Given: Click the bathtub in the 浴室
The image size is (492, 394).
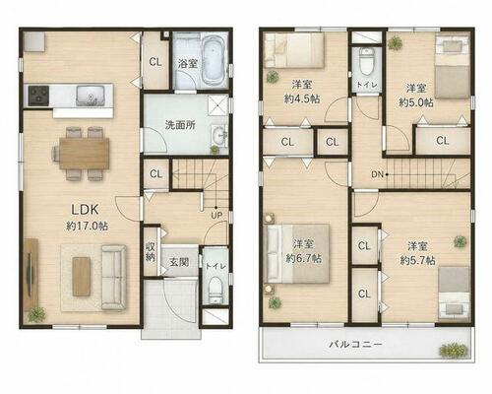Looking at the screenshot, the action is (x=214, y=60).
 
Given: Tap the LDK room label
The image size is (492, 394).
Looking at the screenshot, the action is (x=85, y=210).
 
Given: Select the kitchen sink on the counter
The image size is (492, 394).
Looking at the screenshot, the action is (x=91, y=96).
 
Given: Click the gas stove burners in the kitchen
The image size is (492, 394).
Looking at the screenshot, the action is (x=38, y=96).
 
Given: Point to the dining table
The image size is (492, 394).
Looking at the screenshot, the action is (x=85, y=154).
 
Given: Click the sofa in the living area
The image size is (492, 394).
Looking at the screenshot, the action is (x=113, y=278).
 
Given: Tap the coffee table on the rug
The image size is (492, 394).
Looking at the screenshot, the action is (x=82, y=277).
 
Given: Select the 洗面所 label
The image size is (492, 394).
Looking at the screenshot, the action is (x=180, y=125).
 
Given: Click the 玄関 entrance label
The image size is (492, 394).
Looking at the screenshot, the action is (x=179, y=262).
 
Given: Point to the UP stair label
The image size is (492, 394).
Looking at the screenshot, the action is (x=216, y=216).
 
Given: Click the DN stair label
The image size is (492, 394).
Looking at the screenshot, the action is (x=378, y=174).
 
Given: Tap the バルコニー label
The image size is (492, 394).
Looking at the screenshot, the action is (x=355, y=345).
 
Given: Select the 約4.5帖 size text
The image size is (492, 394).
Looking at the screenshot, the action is (x=302, y=98).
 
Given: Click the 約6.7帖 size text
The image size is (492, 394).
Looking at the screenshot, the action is (x=303, y=259).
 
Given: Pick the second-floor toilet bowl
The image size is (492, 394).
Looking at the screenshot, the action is (x=366, y=62).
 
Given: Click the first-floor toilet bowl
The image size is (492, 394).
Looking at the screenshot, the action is (x=215, y=290).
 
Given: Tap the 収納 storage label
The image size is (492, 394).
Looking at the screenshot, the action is (x=151, y=252).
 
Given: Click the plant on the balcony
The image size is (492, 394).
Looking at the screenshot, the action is (x=454, y=350).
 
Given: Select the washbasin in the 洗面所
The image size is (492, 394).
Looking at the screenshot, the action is (x=218, y=135).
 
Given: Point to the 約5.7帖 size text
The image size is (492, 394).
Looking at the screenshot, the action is (x=417, y=261).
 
